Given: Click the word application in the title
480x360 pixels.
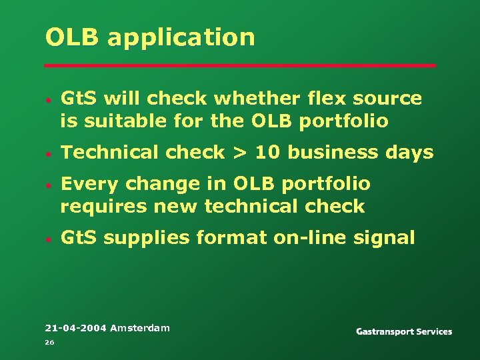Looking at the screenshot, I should pos(181,38).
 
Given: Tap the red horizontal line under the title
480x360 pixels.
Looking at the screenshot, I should pos(240,65).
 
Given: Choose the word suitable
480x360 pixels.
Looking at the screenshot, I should pos(115,121).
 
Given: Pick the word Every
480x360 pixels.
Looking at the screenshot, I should pos(87,183).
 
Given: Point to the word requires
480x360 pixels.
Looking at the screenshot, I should pos(101,206).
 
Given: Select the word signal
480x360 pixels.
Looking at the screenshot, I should pos(387,237).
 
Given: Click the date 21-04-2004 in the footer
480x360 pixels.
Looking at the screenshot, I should pos(75,328).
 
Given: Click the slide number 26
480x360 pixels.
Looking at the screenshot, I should pos(49,342).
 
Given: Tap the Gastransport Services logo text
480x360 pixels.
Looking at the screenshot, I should pos(404,331).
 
